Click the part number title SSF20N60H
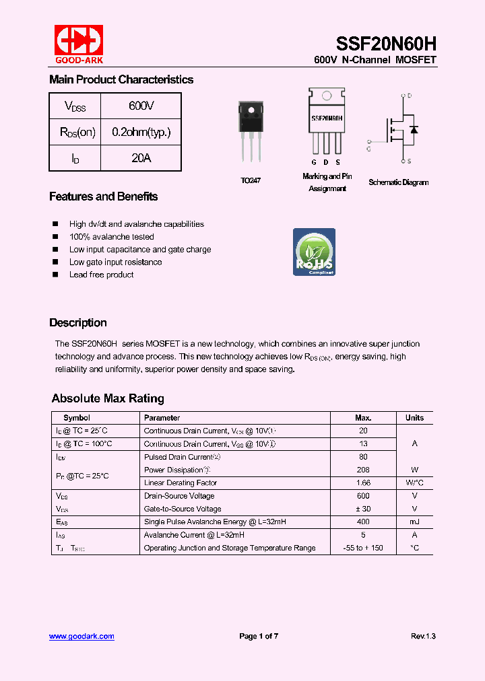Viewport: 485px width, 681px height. pyautogui.click(x=392, y=44)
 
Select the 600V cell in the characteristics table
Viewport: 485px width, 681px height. pyautogui.click(x=141, y=106)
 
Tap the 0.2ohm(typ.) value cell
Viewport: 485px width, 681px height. pyautogui.click(x=141, y=132)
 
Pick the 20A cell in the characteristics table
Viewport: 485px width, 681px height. pyautogui.click(x=141, y=157)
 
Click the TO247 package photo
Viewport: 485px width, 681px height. pyautogui.click(x=251, y=131)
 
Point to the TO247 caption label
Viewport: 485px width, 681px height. pyautogui.click(x=251, y=181)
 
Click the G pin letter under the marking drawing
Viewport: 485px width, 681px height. pyautogui.click(x=314, y=162)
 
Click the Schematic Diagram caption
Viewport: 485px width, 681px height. pyautogui.click(x=398, y=182)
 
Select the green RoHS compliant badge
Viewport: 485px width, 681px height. pyautogui.click(x=314, y=252)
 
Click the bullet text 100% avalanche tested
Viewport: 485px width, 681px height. pyautogui.click(x=111, y=237)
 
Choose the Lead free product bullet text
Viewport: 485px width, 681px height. pyautogui.click(x=101, y=275)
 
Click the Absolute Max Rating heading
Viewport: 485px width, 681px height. pyautogui.click(x=108, y=398)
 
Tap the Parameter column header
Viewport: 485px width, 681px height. pyautogui.click(x=162, y=418)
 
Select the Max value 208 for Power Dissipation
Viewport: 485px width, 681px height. pyautogui.click(x=363, y=470)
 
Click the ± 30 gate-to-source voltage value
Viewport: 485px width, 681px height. pyautogui.click(x=363, y=509)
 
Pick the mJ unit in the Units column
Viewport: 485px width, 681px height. pyautogui.click(x=414, y=522)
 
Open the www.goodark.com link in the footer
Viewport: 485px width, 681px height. pyautogui.click(x=82, y=636)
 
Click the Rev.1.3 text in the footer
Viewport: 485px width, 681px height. pyautogui.click(x=423, y=636)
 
